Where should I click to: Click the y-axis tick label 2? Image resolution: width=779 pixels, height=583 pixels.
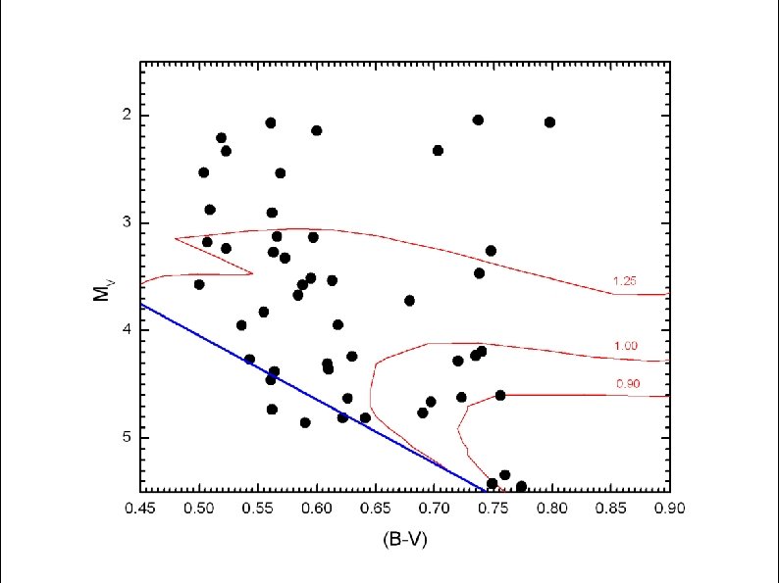click(127, 116)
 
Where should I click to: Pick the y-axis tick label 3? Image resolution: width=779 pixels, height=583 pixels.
click(127, 222)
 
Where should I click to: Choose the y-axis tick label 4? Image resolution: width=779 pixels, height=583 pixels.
click(127, 330)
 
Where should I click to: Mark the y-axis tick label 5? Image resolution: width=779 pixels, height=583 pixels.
click(127, 437)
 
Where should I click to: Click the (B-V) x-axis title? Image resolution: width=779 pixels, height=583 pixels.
click(405, 540)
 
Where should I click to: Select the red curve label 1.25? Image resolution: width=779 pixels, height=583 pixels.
click(625, 282)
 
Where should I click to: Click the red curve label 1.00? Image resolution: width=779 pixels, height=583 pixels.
click(626, 346)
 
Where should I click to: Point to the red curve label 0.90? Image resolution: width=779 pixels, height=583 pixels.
click(628, 384)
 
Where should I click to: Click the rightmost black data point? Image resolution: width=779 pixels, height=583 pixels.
click(549, 122)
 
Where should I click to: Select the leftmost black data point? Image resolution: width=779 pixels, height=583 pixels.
click(199, 284)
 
